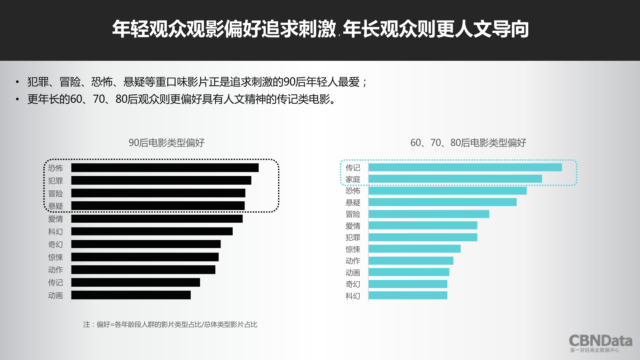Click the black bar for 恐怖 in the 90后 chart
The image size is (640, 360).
point(165,168)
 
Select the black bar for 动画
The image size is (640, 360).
point(131,295)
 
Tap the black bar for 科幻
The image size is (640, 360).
point(152,231)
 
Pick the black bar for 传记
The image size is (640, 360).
point(136,282)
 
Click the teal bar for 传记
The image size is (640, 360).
point(465,167)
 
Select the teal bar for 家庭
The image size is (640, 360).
point(455,179)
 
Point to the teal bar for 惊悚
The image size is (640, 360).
point(414,249)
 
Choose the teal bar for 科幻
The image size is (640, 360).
point(408,295)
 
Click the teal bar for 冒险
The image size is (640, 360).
point(429,214)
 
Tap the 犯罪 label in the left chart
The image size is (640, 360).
point(55,181)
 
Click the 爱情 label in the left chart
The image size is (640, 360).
point(55,219)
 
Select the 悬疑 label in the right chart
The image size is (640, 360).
point(353,203)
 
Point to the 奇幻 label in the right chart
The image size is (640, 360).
point(353,284)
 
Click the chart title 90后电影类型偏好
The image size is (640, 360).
point(166,143)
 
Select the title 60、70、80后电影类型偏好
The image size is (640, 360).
point(468,143)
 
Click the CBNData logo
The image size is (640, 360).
point(600,343)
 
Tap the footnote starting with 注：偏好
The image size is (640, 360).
point(170,325)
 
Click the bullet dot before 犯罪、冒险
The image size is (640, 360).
point(17,82)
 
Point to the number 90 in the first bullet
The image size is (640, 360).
point(289,82)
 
